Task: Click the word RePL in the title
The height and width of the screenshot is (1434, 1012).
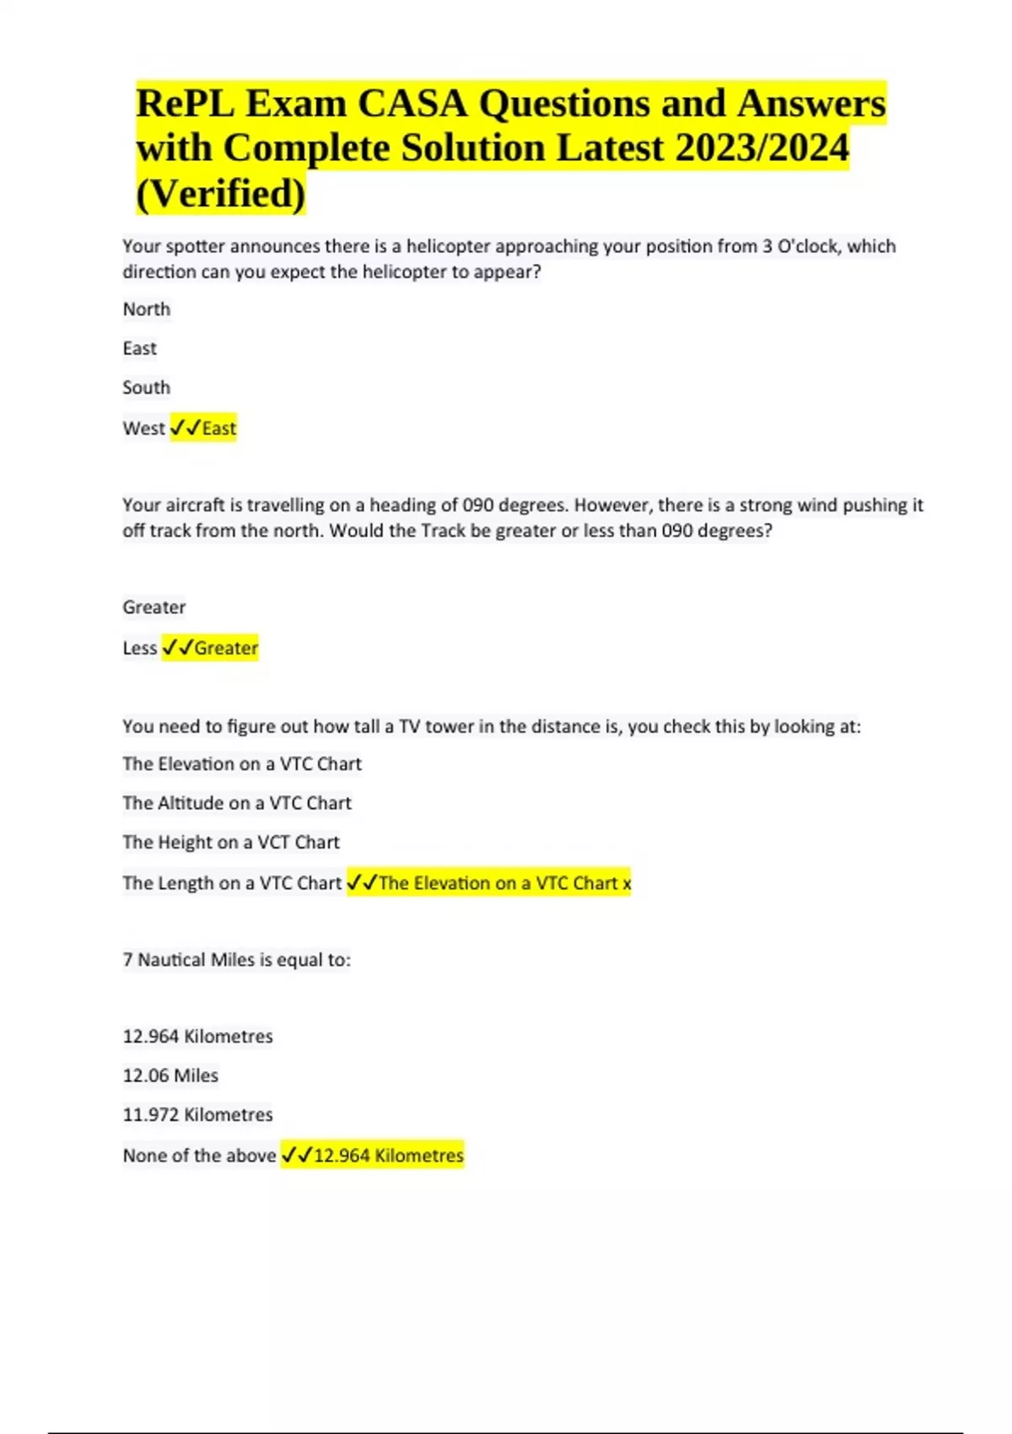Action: tap(181, 104)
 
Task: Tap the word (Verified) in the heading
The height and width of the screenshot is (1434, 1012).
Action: tap(221, 193)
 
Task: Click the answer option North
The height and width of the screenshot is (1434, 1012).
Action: tap(147, 310)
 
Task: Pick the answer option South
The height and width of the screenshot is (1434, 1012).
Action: tap(147, 388)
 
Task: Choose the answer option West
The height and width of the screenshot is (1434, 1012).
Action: tap(144, 429)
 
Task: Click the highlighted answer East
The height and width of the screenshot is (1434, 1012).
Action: tap(219, 429)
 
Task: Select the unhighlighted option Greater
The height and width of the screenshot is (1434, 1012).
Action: tap(154, 607)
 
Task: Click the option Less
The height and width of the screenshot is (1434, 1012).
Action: tap(140, 648)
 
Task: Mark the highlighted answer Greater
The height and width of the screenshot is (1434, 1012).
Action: tap(226, 648)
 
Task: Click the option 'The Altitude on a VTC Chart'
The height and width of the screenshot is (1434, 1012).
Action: tap(237, 803)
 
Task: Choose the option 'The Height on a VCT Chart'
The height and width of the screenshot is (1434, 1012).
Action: tap(231, 842)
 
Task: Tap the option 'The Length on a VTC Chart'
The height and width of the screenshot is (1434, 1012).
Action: tap(232, 883)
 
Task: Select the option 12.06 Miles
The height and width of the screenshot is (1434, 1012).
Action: tap(170, 1075)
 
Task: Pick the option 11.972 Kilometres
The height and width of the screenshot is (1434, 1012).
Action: tap(198, 1114)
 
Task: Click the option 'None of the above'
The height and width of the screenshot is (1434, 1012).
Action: tap(200, 1156)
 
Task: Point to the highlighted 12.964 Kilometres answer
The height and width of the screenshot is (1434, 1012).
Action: tap(388, 1156)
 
